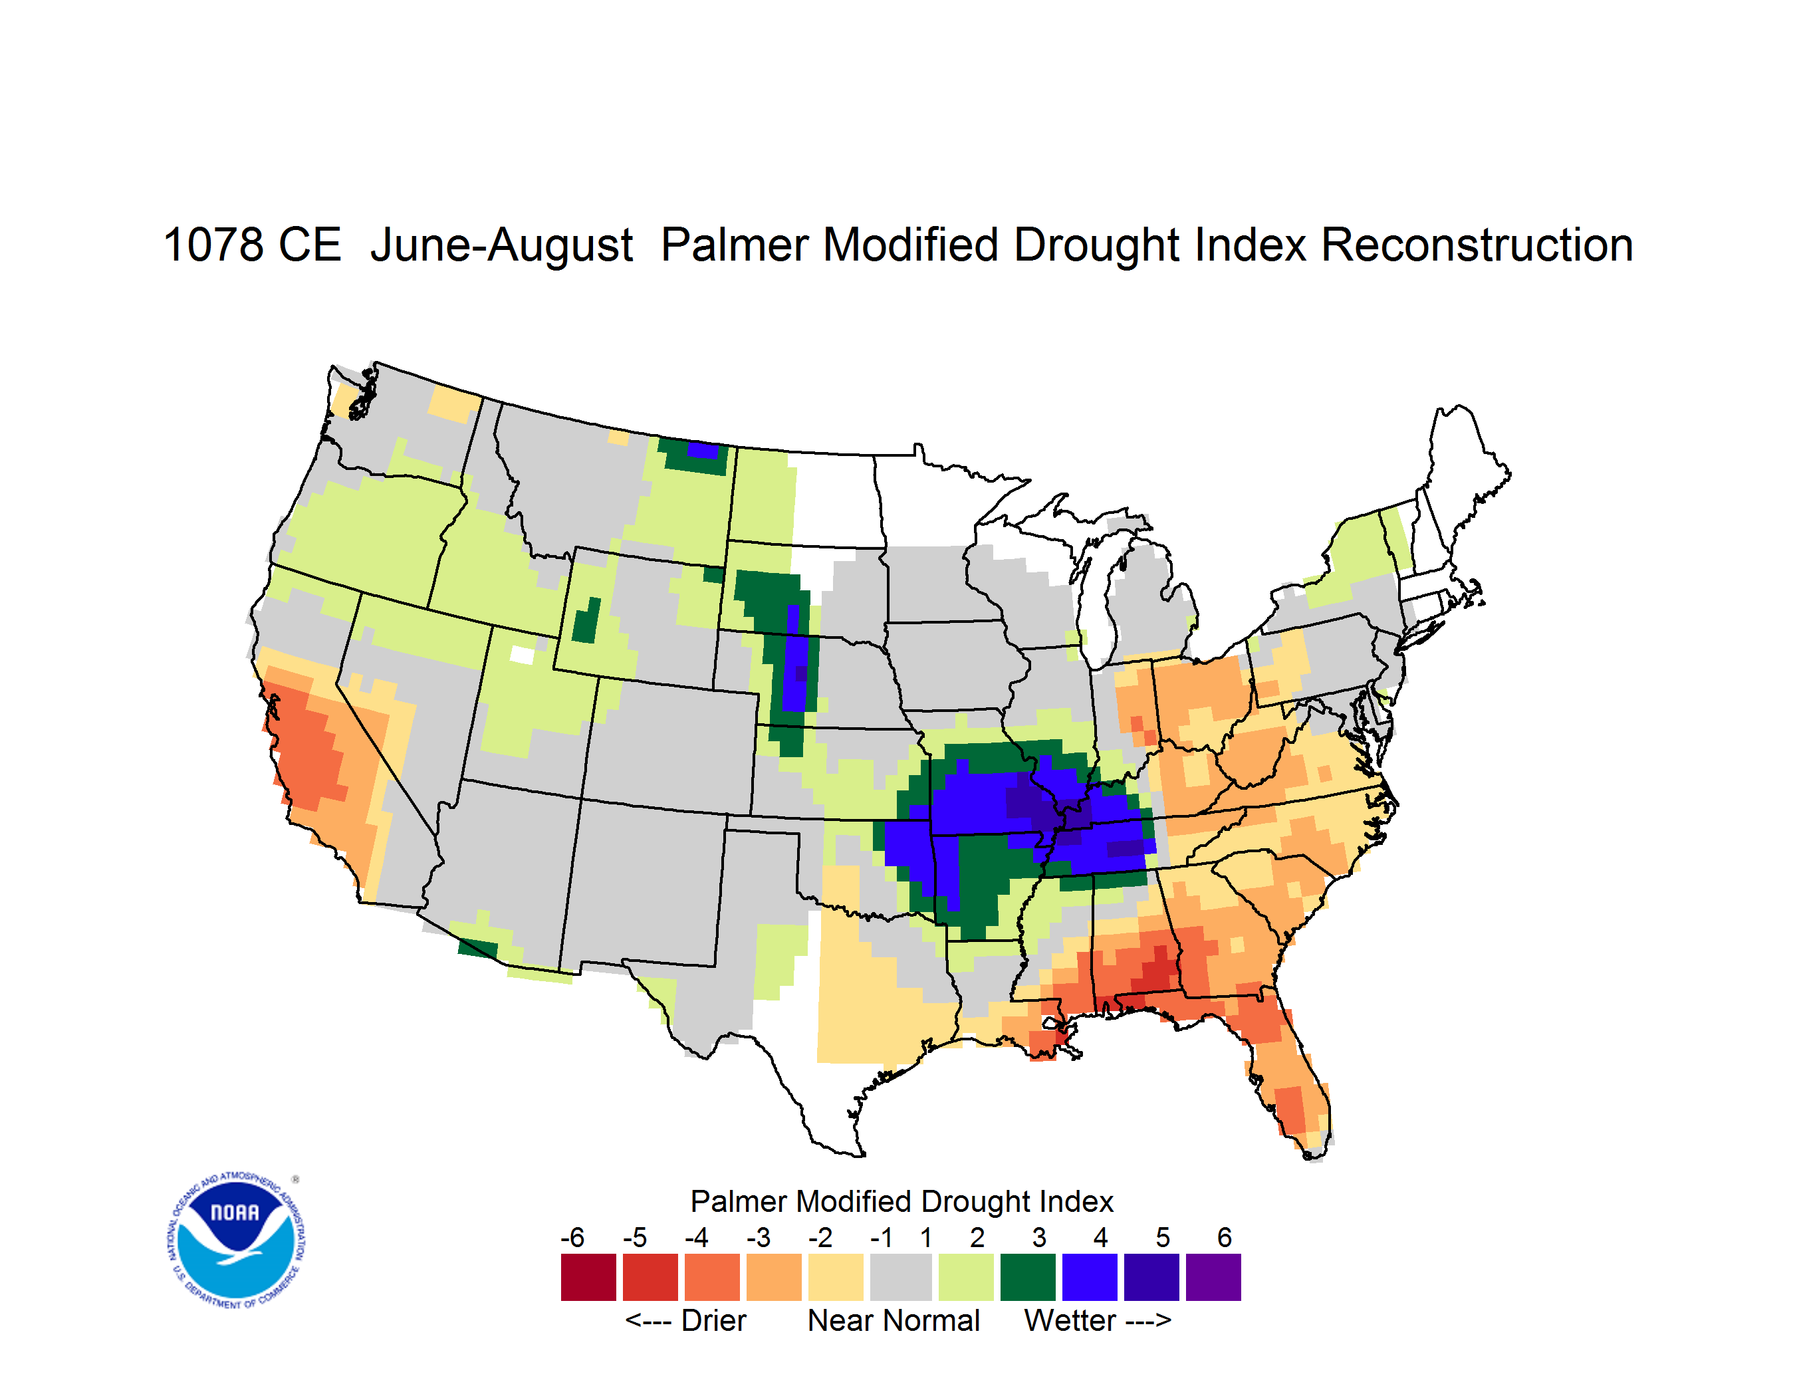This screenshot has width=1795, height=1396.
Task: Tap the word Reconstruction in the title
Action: click(x=1476, y=245)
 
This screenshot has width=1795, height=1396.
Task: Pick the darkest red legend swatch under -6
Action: click(x=588, y=1277)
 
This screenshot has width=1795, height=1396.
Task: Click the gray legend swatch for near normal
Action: click(x=901, y=1277)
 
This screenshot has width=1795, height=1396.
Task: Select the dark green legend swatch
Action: click(x=1027, y=1277)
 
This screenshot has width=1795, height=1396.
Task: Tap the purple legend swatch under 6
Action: click(x=1213, y=1277)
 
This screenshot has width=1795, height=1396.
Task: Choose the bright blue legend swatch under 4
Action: click(x=1090, y=1277)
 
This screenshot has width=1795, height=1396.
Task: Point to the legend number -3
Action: click(x=759, y=1237)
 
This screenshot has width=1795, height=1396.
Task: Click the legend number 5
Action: click(x=1163, y=1237)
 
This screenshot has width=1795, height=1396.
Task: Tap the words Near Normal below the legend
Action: click(x=894, y=1320)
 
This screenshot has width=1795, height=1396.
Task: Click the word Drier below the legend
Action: click(x=713, y=1320)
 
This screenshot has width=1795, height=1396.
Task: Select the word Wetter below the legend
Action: click(x=1069, y=1320)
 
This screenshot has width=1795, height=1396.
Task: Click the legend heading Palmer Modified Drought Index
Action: click(x=901, y=1201)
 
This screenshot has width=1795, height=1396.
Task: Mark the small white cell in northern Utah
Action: click(x=522, y=655)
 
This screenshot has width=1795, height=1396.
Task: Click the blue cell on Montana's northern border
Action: click(x=703, y=450)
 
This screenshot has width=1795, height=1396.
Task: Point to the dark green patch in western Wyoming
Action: click(x=586, y=622)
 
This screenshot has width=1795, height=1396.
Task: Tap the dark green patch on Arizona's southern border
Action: click(x=477, y=948)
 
